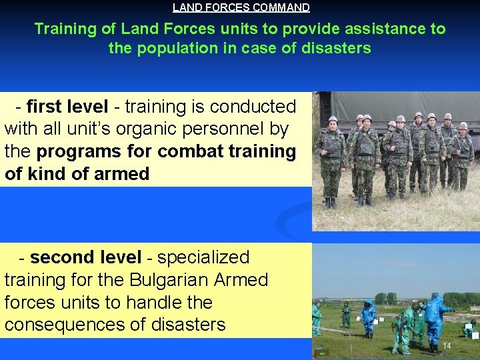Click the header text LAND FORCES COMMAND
coord(241,8)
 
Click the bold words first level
coord(67,107)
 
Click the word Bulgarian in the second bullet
coord(171,280)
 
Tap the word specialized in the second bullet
coord(203,257)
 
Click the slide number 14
coord(447,345)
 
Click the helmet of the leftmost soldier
coord(333,120)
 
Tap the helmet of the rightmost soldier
coord(463,125)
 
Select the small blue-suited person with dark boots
coord(368,317)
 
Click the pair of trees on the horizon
coord(385,298)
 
